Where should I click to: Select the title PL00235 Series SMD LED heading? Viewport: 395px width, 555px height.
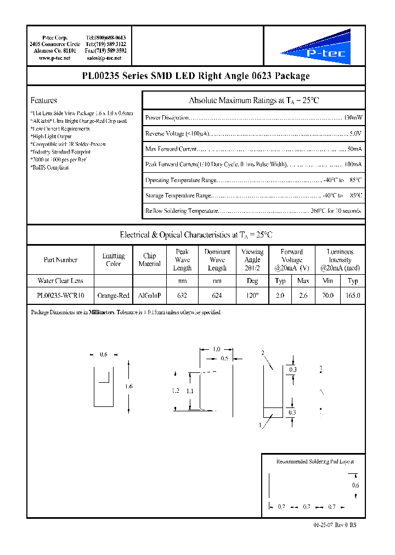click(196, 76)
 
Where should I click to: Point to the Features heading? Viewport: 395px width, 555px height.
click(43, 100)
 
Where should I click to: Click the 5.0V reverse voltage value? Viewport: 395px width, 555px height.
click(356, 133)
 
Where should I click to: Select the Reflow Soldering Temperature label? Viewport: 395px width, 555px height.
click(182, 211)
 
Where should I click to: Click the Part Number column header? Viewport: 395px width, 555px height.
click(60, 260)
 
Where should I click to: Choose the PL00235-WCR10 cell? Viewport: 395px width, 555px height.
click(60, 296)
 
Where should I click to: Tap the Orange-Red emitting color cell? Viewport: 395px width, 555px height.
click(113, 296)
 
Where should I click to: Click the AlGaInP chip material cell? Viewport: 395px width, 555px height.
click(149, 296)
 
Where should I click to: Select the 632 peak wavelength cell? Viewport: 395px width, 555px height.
click(182, 296)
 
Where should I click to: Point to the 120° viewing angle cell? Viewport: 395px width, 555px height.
click(252, 296)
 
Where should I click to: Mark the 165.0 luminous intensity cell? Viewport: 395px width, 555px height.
click(353, 296)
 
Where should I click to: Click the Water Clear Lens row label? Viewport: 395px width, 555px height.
click(60, 281)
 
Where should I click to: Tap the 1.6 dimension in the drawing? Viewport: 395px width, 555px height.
click(128, 387)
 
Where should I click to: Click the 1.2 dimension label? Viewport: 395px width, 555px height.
click(176, 391)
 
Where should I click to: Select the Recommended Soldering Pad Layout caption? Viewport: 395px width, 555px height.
click(311, 462)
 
